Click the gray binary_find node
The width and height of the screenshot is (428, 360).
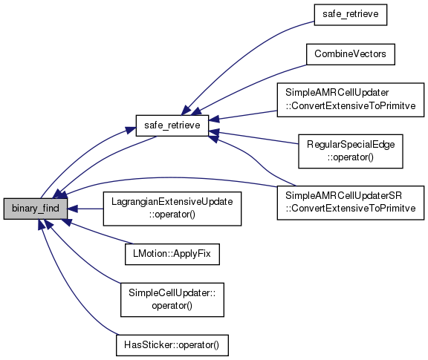pyautogui.click(x=36, y=209)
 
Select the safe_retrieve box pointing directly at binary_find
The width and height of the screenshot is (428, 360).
pyautogui.click(x=172, y=125)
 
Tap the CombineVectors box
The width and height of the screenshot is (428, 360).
pyautogui.click(x=351, y=54)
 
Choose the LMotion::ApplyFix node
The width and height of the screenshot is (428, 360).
pyautogui.click(x=172, y=254)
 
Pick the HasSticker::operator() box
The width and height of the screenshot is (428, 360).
pyautogui.click(x=172, y=345)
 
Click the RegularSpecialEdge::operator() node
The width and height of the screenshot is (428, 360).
pyautogui.click(x=351, y=151)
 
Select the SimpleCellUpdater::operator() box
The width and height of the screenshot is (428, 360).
pyautogui.click(x=172, y=299)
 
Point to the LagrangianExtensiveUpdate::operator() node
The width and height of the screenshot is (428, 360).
pyautogui.click(x=172, y=209)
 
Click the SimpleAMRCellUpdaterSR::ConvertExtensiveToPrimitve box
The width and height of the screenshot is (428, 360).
pyautogui.click(x=351, y=203)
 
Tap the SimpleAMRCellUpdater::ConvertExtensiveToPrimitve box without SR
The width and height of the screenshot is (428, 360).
pyautogui.click(x=351, y=99)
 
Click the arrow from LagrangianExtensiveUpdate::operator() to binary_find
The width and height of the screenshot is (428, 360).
pyautogui.click(x=85, y=209)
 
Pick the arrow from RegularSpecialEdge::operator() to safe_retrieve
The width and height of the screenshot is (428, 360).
pyautogui.click(x=253, y=138)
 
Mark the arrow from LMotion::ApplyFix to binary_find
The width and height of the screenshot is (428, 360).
pyautogui.click(x=99, y=232)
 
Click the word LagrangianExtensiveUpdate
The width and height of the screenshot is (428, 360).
pyautogui.click(x=172, y=202)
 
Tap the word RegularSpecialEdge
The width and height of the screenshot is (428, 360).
pyautogui.click(x=351, y=145)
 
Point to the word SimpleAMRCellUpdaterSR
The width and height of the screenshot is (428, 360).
pyautogui.click(x=343, y=196)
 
